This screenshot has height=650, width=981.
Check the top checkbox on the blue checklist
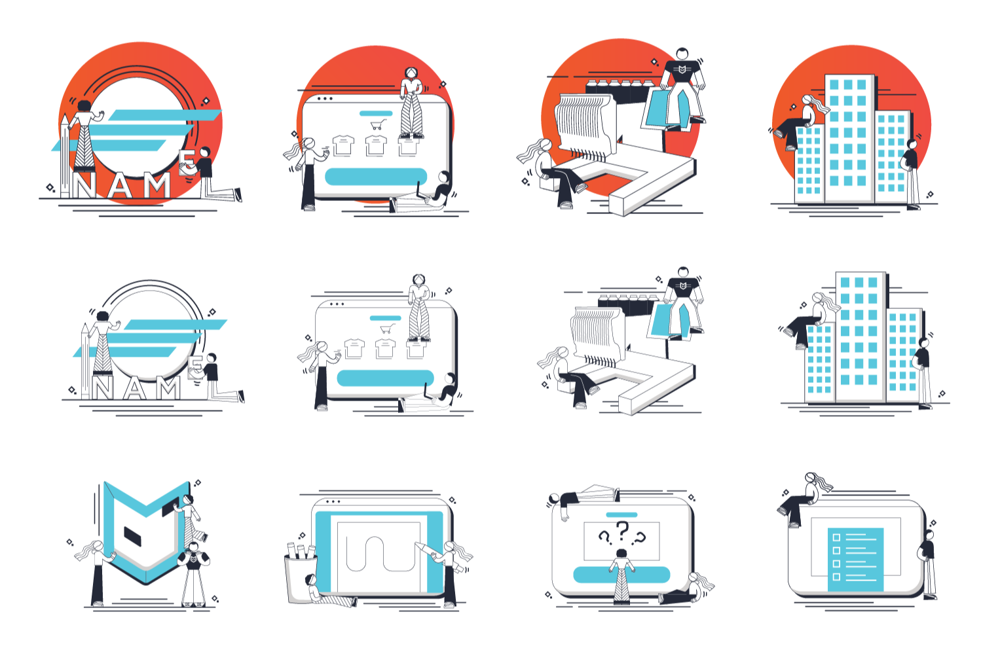[x=836, y=537]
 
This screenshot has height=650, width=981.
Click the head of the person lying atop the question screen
[x=555, y=499]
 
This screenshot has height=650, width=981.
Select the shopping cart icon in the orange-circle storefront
[x=378, y=124]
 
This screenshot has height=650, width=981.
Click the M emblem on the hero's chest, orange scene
[x=682, y=68]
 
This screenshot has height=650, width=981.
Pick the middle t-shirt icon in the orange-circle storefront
[x=376, y=145]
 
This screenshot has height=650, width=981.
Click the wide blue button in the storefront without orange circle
[x=385, y=378]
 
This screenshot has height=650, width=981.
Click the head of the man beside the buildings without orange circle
[x=924, y=343]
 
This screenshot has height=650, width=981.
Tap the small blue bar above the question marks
[x=621, y=515]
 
